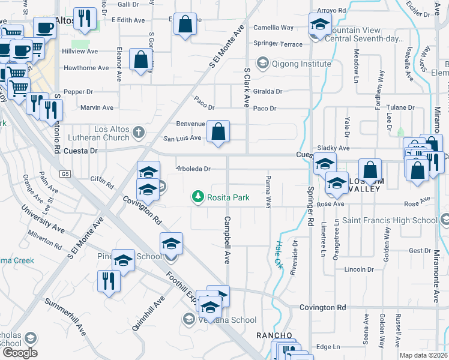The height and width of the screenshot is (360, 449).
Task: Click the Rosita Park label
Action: pos(229,197)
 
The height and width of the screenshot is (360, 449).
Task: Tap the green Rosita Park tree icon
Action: pos(197,196)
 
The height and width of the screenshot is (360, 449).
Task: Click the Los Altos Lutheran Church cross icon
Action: pos(139,131)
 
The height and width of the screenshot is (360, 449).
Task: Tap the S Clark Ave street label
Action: pos(246,87)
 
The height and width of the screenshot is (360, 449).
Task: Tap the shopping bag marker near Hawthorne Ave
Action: pos(140,60)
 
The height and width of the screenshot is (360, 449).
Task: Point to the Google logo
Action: pos(19,353)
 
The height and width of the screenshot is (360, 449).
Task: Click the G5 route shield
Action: pos(65,174)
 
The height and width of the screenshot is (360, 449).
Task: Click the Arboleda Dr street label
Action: pos(193,169)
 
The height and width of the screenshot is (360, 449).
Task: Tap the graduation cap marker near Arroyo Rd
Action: pos(320,25)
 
